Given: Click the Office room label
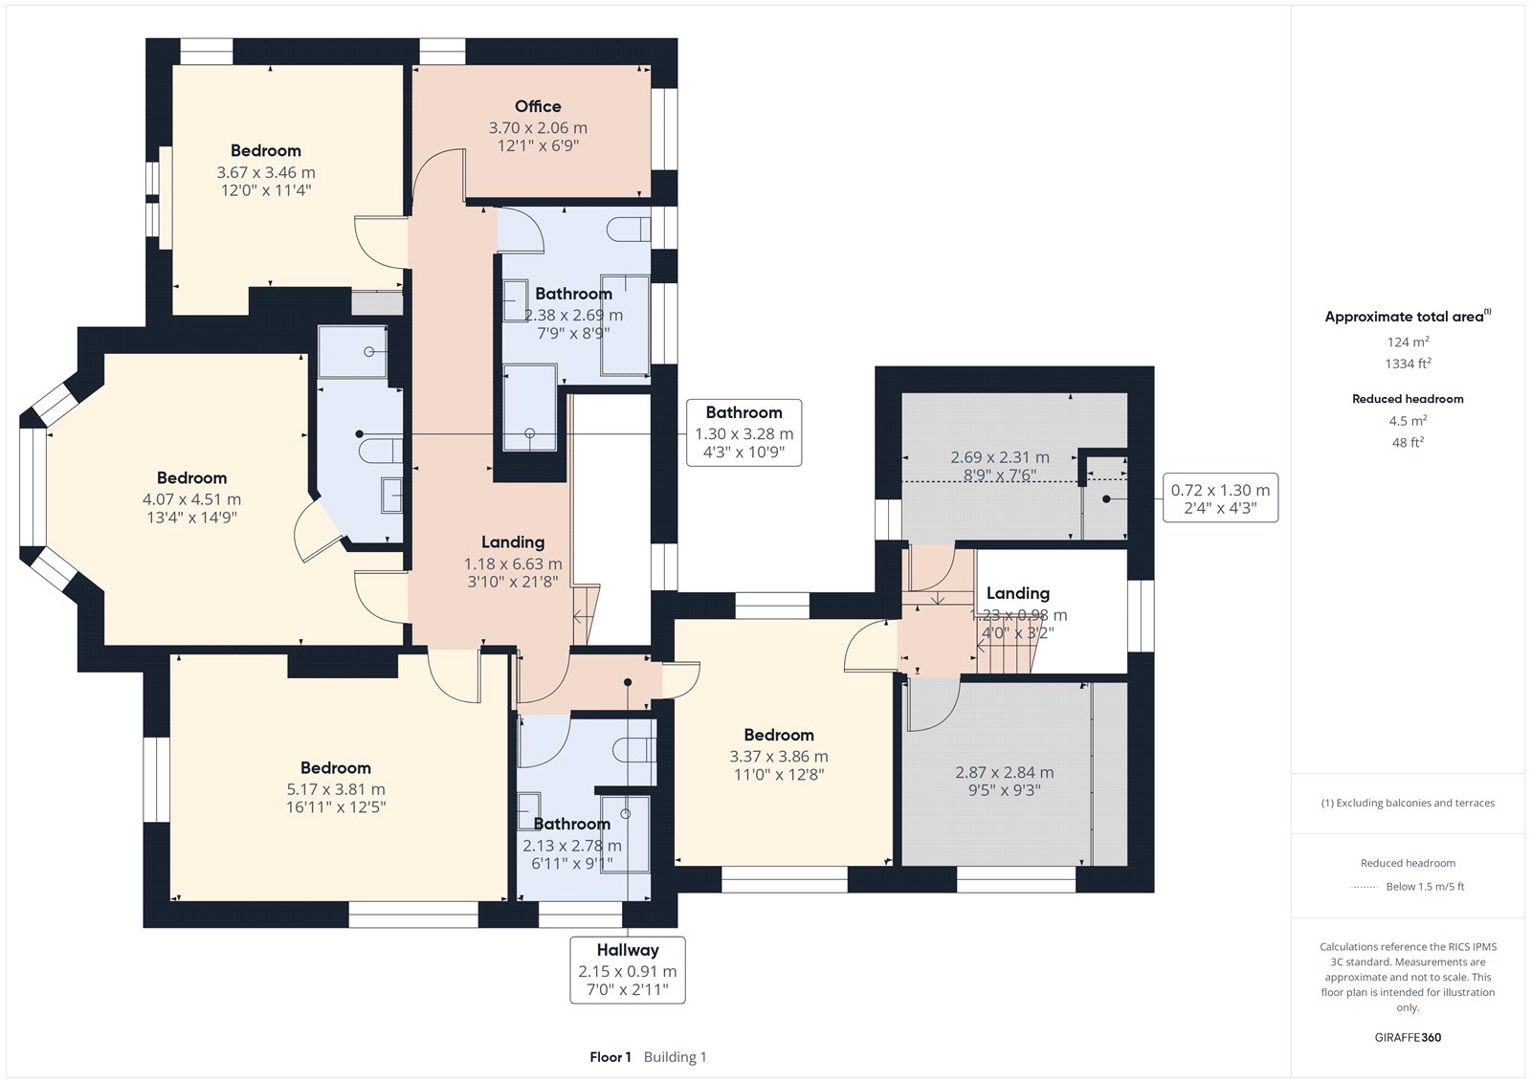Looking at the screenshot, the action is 538,106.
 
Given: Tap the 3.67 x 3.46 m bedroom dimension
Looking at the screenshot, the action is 266,172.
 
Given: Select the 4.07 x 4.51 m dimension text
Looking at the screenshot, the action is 192,499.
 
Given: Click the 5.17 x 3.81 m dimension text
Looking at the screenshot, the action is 336,789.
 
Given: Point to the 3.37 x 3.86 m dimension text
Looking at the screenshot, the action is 779,757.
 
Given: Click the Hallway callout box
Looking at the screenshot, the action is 628,970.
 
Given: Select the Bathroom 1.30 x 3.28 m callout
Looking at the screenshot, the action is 743,432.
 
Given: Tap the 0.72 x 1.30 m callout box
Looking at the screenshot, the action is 1221,498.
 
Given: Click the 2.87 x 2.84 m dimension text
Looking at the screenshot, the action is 1004,772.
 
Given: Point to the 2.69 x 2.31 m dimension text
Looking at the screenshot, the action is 1000,457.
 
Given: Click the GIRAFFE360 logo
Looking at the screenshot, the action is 1408,1037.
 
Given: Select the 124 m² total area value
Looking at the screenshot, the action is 1408,342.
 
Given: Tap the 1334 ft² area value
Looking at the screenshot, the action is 1408,364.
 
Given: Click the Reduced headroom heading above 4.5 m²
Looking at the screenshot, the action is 1408,399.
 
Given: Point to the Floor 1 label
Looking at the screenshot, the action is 610,1057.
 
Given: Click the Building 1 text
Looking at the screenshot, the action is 676,1057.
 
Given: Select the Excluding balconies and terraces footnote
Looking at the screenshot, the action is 1408,803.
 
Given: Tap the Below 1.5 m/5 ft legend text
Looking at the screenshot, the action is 1425,887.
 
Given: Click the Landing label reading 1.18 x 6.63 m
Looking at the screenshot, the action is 513,542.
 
